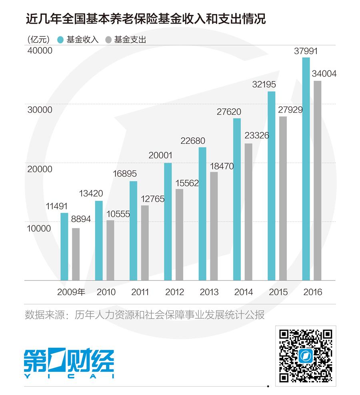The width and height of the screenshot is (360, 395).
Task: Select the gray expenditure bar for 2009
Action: [x=76, y=254]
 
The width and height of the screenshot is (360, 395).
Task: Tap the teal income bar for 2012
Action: [x=168, y=222]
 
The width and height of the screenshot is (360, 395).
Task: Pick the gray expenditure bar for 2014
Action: [x=248, y=212]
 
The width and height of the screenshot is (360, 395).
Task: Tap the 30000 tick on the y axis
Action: [x=40, y=110]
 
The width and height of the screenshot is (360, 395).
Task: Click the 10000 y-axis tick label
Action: [x=40, y=229]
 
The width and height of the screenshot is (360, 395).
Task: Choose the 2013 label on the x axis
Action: [x=209, y=292]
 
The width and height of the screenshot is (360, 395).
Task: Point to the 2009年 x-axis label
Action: [x=71, y=292]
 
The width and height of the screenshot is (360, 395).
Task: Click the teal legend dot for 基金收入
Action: [x=61, y=40]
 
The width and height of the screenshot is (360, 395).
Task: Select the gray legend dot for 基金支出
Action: [x=108, y=40]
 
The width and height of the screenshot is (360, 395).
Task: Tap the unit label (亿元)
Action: [x=39, y=40]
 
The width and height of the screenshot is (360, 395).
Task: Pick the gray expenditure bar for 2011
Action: [x=144, y=243]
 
